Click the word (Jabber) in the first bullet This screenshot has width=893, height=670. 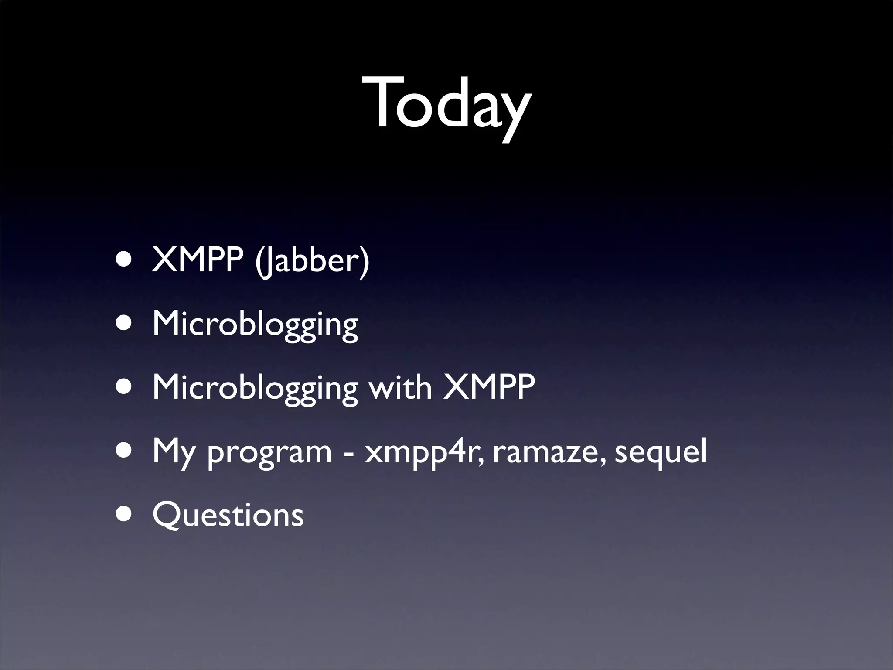coord(312,260)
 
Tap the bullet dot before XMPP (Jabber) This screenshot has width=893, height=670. coord(125,260)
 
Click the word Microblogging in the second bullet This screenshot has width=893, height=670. coord(255,325)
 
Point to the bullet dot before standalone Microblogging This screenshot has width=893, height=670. coord(125,324)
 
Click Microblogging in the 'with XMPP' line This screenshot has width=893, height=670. coord(255,388)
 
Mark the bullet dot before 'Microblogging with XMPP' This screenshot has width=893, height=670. coord(125,388)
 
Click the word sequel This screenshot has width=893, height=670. coord(660,453)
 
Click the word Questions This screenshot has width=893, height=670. coord(228,515)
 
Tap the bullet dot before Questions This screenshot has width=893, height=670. coord(125,515)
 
